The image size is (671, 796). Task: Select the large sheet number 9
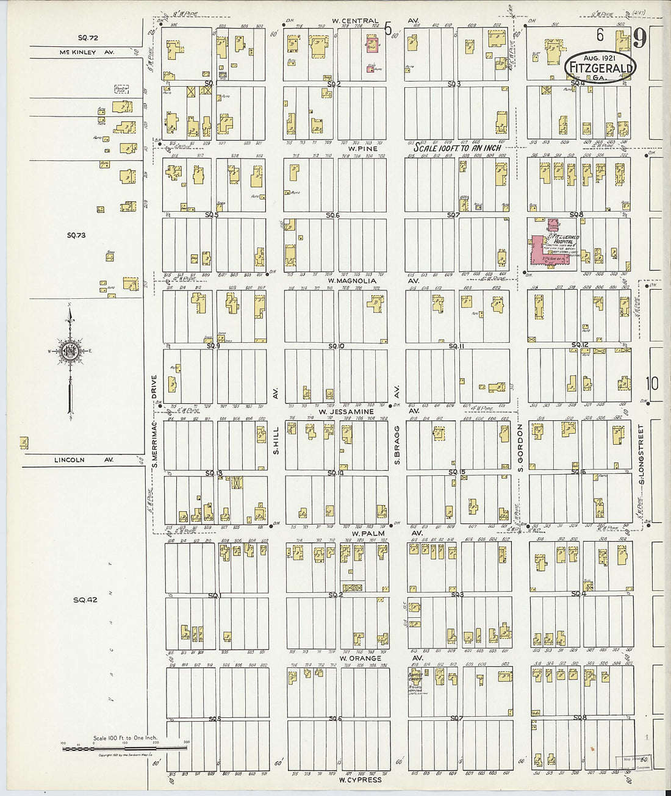(639, 39)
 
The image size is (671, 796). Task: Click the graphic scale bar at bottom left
(124, 747)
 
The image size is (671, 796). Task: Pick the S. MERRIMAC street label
(155, 421)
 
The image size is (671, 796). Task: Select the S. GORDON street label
(521, 448)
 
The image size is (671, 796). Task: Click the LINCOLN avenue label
(69, 460)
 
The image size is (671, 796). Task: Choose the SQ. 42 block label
(85, 600)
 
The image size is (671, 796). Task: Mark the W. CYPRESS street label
(360, 779)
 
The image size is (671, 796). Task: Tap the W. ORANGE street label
(360, 658)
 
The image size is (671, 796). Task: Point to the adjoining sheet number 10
(652, 383)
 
